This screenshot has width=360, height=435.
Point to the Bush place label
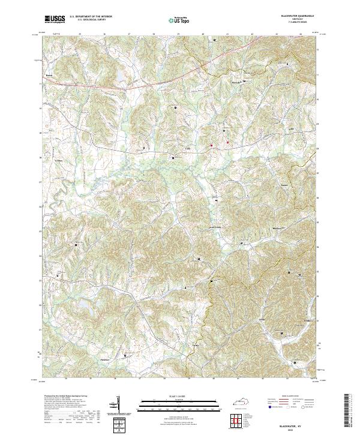click(50, 76)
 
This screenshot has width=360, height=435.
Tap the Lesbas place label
click(58, 161)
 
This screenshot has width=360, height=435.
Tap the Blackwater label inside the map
click(261, 229)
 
